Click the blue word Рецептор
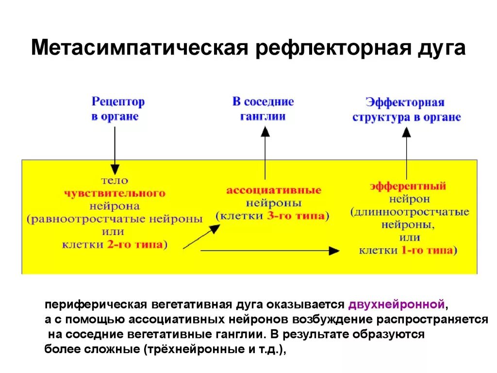click(x=118, y=102)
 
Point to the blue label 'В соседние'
click(x=263, y=102)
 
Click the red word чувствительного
click(x=115, y=193)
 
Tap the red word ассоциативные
click(x=274, y=190)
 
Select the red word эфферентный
click(x=408, y=186)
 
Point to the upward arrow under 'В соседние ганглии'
click(x=265, y=153)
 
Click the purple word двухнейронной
click(x=396, y=305)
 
